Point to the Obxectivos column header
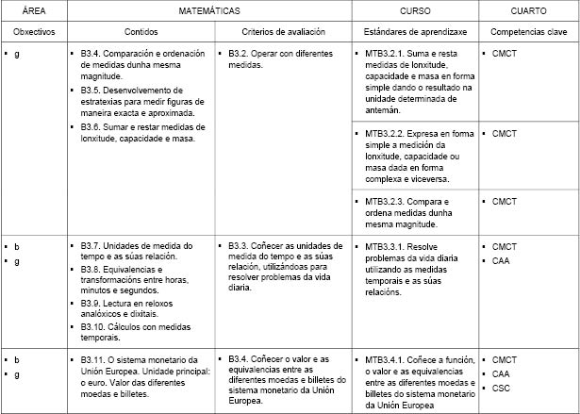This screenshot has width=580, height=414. (x=35, y=32)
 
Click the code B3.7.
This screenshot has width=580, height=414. (x=95, y=245)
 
